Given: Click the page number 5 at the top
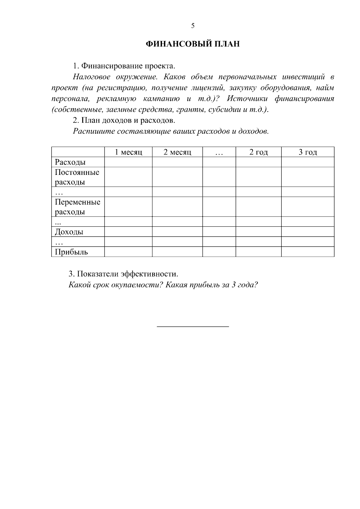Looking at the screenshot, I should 193,26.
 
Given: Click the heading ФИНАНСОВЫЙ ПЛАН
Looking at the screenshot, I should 193,44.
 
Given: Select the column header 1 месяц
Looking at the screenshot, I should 128,152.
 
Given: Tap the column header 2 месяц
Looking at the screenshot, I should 177,152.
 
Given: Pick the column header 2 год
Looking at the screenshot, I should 259,152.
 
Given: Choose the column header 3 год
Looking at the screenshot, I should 308,152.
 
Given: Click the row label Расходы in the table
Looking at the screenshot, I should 70,162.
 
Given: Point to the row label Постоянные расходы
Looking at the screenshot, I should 77,177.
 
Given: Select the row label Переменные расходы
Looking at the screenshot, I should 77,207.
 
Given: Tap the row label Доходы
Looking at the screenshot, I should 69,232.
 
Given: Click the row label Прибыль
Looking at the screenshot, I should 71,252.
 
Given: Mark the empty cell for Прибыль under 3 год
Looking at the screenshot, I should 308,252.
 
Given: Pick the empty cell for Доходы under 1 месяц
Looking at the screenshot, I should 128,232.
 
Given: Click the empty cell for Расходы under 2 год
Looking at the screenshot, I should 259,162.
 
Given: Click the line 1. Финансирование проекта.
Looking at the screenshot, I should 124,66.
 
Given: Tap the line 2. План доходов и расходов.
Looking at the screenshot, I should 124,121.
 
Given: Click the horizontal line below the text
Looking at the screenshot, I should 193,326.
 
